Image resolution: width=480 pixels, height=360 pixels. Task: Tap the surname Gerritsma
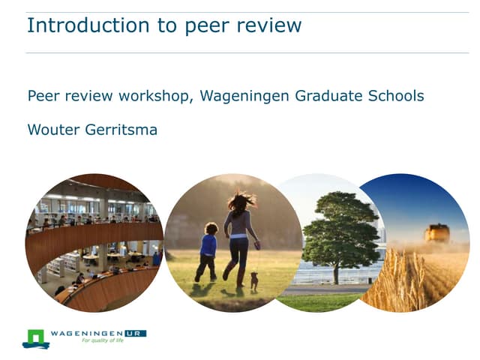coord(121,129)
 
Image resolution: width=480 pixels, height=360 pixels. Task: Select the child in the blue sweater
coord(207,247)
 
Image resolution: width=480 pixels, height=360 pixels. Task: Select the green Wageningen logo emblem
coord(35,339)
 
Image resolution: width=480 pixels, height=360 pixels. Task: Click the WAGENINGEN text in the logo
coord(88,333)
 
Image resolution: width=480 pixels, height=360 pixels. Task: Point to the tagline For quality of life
coord(101,341)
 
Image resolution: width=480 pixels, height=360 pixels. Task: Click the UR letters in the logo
coord(137,333)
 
